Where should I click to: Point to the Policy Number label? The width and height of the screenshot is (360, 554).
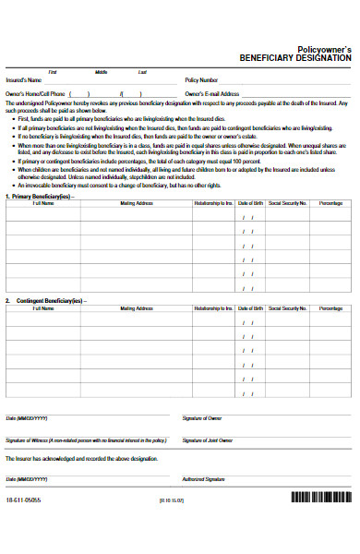coord(201,80)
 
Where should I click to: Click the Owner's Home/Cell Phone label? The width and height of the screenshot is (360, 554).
coord(36,93)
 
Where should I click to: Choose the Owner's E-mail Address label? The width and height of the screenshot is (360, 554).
coord(212,93)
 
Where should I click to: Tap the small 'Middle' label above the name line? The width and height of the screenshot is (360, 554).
coord(102,72)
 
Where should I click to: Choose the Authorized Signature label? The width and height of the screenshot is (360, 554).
coord(204,479)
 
